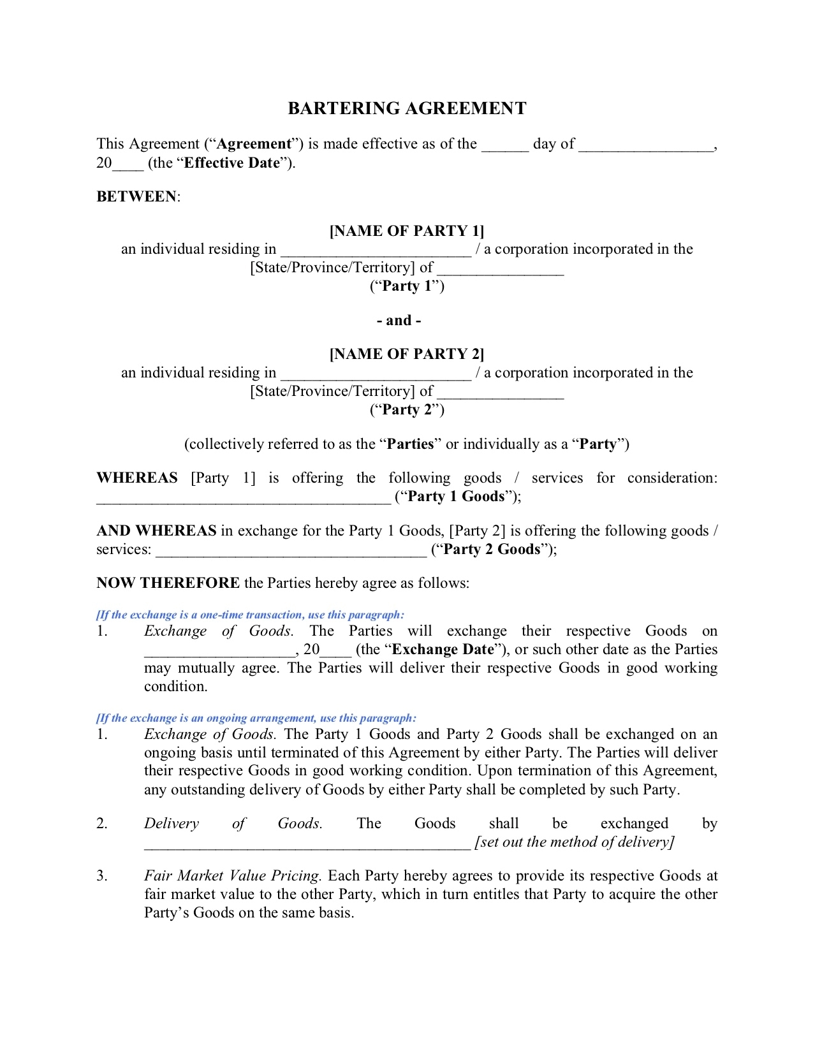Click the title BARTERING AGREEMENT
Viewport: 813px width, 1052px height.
pyautogui.click(x=407, y=108)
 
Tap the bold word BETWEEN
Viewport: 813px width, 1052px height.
pyautogui.click(x=136, y=196)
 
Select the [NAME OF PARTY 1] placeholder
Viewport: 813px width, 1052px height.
pyautogui.click(x=407, y=231)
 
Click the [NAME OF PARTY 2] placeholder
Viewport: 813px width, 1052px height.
pyautogui.click(x=407, y=354)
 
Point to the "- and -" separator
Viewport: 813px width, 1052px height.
pyautogui.click(x=399, y=320)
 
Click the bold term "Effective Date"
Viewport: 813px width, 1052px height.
pyautogui.click(x=232, y=163)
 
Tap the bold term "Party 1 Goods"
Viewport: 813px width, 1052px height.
pyautogui.click(x=455, y=497)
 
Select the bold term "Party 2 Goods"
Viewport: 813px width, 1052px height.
pyautogui.click(x=491, y=550)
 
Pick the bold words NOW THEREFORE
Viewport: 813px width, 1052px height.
pyautogui.click(x=168, y=583)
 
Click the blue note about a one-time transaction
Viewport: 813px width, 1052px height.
pyautogui.click(x=250, y=615)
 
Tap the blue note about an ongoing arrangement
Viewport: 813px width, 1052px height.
pyautogui.click(x=256, y=719)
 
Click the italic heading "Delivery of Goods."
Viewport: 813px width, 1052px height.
pyautogui.click(x=233, y=824)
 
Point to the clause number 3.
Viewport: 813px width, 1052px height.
pyautogui.click(x=102, y=876)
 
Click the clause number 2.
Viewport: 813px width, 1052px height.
pyautogui.click(x=102, y=824)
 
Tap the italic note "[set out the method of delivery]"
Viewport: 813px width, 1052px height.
pyautogui.click(x=574, y=842)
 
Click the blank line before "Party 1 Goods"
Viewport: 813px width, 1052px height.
pyautogui.click(x=243, y=498)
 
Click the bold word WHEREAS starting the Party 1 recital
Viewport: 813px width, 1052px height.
pyautogui.click(x=137, y=478)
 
